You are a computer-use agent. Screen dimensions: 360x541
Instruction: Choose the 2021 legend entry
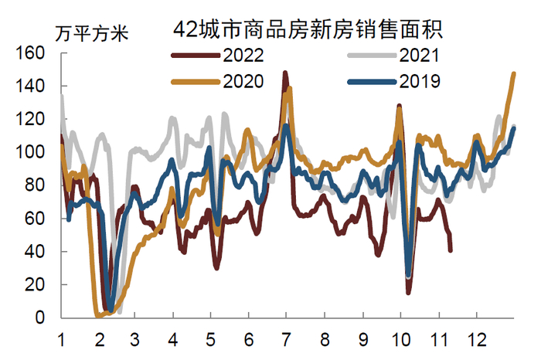pos(419,56)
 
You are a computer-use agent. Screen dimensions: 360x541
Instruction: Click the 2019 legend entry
pos(419,80)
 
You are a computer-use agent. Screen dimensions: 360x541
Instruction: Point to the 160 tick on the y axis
pos(36,53)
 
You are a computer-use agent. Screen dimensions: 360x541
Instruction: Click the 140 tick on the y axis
pos(36,87)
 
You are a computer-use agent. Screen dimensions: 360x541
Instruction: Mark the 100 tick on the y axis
pos(36,153)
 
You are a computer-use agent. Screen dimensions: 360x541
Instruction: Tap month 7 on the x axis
pos(286,338)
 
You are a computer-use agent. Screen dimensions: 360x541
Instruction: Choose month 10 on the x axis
pos(400,338)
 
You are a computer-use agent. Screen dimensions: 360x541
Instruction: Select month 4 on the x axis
pos(173,338)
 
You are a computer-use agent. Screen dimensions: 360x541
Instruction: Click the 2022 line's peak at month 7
pos(285,73)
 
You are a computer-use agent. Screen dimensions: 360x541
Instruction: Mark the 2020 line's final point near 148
pos(514,74)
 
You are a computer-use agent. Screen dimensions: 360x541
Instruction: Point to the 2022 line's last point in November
pos(451,250)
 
